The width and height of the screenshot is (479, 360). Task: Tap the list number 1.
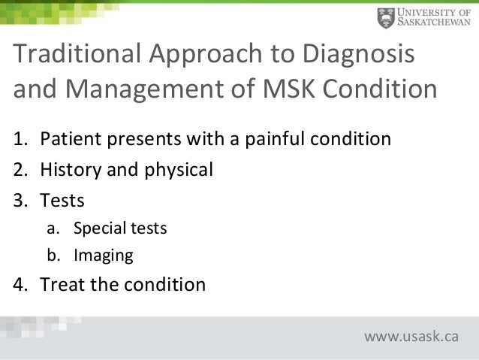[21, 140]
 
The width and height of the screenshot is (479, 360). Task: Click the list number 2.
[21, 170]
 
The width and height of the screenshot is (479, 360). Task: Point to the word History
[68, 170]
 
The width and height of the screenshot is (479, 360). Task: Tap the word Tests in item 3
[62, 201]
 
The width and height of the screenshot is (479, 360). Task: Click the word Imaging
[103, 256]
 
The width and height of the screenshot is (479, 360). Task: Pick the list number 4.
[21, 286]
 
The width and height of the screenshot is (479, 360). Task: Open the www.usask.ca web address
[411, 335]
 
